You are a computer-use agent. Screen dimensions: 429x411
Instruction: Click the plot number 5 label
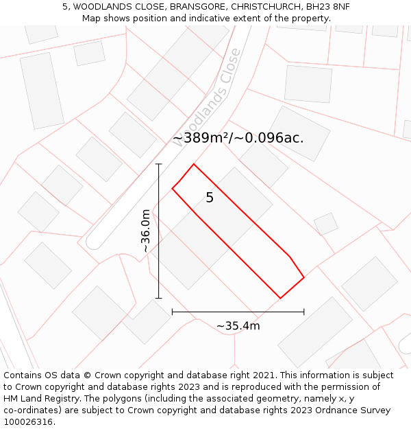pyautogui.click(x=210, y=198)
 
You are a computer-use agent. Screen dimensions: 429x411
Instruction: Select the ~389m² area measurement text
pyautogui.click(x=200, y=138)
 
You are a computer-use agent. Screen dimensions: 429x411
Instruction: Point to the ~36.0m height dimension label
pyautogui.click(x=145, y=231)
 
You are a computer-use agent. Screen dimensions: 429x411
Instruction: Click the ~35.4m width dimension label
pyautogui.click(x=238, y=326)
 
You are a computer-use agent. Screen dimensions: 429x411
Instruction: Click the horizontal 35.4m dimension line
pyautogui.click(x=238, y=312)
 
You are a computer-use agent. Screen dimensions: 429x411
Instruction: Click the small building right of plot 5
pyautogui.click(x=325, y=224)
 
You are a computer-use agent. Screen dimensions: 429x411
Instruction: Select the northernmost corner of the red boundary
pyautogui.click(x=194, y=164)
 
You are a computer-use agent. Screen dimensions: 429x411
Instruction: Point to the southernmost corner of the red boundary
pyautogui.click(x=280, y=298)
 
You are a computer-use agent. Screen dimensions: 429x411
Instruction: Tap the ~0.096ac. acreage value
pyautogui.click(x=269, y=138)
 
